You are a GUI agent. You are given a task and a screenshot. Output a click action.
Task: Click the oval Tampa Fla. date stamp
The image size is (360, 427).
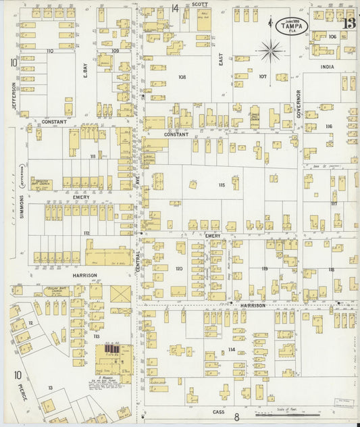(x=291, y=24)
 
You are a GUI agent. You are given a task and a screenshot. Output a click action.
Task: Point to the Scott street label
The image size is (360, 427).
(x=199, y=4)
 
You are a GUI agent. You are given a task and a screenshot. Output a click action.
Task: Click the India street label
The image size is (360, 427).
(x=328, y=66)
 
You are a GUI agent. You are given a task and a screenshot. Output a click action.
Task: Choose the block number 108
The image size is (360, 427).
(x=182, y=77)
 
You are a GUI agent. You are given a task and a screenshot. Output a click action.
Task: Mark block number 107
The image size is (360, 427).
(x=263, y=76)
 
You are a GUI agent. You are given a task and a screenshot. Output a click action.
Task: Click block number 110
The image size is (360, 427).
(x=49, y=51)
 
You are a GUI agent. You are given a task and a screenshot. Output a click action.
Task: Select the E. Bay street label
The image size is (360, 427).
(x=86, y=70)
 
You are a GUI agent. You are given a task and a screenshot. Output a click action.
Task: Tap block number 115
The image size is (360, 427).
(x=221, y=184)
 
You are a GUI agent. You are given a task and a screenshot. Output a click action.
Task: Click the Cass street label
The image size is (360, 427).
(x=218, y=411)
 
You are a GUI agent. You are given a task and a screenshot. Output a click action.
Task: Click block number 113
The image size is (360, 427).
(x=97, y=336)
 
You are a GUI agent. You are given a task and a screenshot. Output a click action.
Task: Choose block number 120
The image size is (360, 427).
(x=179, y=268)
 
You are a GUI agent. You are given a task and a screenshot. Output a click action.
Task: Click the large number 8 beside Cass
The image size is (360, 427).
(x=237, y=418)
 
